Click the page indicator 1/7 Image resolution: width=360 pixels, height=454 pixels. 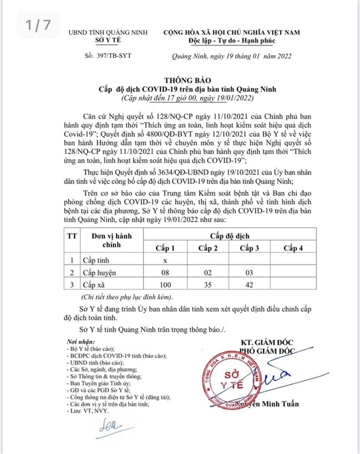click(36, 25)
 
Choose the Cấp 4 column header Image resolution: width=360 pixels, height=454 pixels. click(293, 249)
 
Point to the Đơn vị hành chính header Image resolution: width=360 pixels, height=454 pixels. click(103, 243)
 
